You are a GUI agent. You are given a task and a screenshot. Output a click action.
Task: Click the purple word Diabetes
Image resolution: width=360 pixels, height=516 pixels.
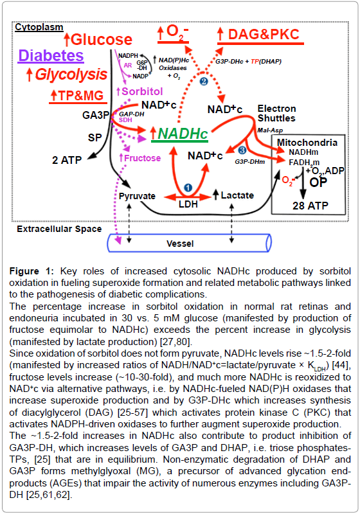(51, 55)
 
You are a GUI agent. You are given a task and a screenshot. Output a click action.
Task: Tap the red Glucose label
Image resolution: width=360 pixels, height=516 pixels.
(101, 39)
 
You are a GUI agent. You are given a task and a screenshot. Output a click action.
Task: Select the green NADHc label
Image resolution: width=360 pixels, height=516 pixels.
(183, 134)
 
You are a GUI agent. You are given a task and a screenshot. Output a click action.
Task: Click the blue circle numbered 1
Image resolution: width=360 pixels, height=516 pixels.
(188, 188)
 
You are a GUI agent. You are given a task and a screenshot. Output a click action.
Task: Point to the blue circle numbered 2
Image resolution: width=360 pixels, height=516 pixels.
(204, 81)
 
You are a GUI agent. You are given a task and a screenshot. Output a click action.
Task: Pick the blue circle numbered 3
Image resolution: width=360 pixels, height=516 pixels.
(242, 150)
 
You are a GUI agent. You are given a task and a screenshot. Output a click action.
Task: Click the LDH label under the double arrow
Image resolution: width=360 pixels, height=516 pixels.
(188, 204)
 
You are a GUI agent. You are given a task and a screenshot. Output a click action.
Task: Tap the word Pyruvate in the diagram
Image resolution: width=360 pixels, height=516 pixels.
(137, 196)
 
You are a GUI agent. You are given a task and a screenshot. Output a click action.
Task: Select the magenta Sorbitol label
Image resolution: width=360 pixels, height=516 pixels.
(142, 91)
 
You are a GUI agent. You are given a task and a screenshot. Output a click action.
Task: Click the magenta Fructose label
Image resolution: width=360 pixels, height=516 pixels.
(142, 158)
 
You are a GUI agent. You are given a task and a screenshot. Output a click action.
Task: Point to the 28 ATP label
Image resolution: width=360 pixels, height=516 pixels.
(310, 206)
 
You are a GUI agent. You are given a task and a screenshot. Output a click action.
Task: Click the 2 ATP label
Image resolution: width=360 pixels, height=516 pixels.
(67, 160)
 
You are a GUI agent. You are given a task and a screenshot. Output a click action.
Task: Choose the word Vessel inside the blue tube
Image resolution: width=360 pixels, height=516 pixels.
(180, 244)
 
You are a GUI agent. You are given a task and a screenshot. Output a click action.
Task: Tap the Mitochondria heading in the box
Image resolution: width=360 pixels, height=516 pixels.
(307, 143)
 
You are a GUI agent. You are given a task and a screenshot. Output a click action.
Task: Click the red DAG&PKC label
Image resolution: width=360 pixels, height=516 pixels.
(264, 35)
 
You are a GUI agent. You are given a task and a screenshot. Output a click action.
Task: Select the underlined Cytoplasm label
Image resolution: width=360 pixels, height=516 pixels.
(39, 27)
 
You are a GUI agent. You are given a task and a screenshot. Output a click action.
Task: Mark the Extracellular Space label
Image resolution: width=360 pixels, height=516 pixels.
(59, 229)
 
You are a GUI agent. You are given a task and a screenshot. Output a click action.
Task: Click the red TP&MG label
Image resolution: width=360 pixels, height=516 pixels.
(81, 96)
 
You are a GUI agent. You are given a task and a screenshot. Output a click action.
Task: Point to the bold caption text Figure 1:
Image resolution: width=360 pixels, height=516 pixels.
(32, 271)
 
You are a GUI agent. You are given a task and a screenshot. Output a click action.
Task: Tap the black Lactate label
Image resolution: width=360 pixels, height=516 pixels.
(237, 195)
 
